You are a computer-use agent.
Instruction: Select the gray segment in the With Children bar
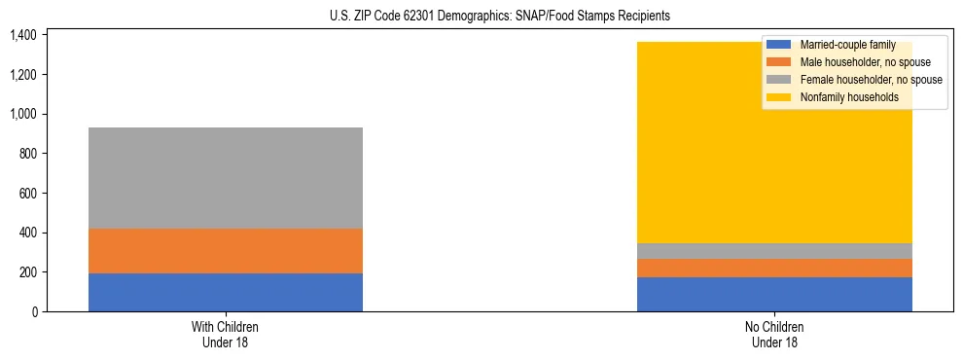coord(225,178)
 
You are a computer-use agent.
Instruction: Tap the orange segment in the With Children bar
coord(225,251)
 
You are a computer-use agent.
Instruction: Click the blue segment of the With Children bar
coord(225,292)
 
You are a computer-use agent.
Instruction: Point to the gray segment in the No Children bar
coord(774,251)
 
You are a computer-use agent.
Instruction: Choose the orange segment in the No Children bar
coord(774,268)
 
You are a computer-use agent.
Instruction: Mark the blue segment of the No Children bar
coord(774,294)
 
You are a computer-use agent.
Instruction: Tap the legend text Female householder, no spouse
coord(871,80)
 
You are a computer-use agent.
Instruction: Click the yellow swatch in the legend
coord(779,97)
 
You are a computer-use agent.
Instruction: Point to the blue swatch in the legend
coord(779,45)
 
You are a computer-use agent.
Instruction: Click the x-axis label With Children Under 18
coord(225,334)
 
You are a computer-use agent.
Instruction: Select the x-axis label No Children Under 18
coord(774,334)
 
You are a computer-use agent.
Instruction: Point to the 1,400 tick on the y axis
coord(22,35)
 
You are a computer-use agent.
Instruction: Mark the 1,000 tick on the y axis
coord(22,114)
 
